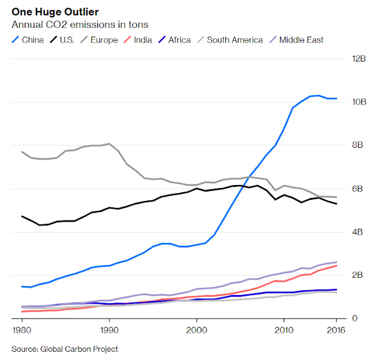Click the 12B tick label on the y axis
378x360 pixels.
359,59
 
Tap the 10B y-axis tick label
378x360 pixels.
359,102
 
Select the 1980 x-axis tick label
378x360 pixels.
21,329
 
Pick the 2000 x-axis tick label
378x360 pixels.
197,329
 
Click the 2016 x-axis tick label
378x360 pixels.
336,329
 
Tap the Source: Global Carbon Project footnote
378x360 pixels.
65,349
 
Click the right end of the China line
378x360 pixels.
337,99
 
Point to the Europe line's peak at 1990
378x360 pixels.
109,144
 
